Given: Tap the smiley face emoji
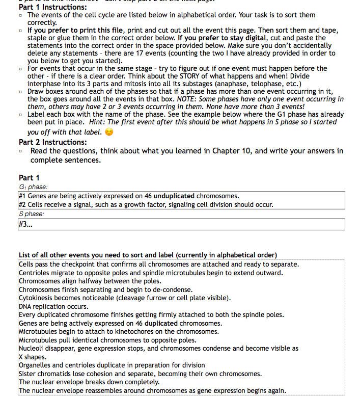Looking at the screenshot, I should [x=108, y=132].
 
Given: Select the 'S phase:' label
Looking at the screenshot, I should [x=32, y=214].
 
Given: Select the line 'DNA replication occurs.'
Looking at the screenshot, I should [x=53, y=307].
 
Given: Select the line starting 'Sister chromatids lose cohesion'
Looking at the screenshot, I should [x=140, y=374].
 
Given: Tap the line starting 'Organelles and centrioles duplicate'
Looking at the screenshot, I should [x=112, y=365].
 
